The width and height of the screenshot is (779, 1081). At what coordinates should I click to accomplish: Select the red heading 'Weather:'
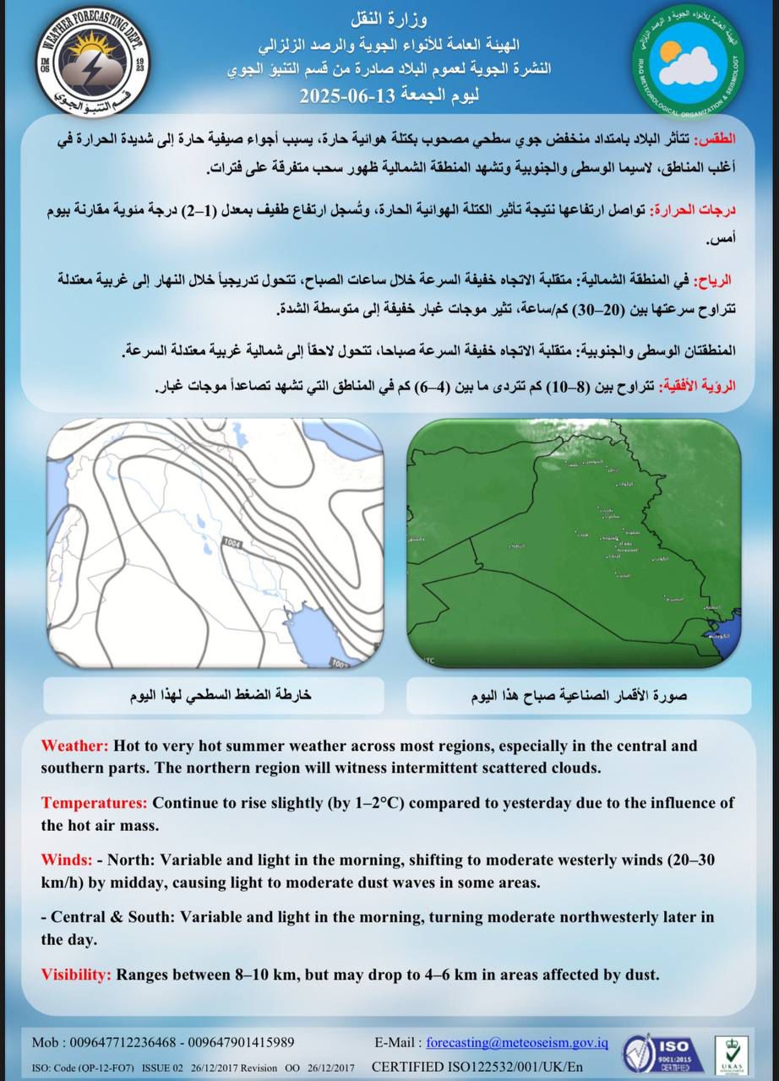[74, 747]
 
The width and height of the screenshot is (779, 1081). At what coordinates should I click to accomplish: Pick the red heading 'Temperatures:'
[95, 802]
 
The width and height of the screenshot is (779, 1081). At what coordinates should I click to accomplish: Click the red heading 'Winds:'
[67, 860]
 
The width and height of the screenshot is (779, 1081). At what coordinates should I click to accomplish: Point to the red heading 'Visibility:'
[76, 974]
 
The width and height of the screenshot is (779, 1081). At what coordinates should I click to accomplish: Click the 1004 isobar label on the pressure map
[232, 540]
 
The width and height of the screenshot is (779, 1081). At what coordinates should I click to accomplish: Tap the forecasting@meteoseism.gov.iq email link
[517, 1042]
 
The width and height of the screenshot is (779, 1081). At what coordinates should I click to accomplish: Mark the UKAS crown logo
[733, 1053]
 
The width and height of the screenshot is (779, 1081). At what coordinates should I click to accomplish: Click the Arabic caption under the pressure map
[221, 696]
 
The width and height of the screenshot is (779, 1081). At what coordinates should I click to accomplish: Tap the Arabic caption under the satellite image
[578, 697]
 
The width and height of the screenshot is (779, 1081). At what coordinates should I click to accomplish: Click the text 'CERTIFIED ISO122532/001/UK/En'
[477, 1067]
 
